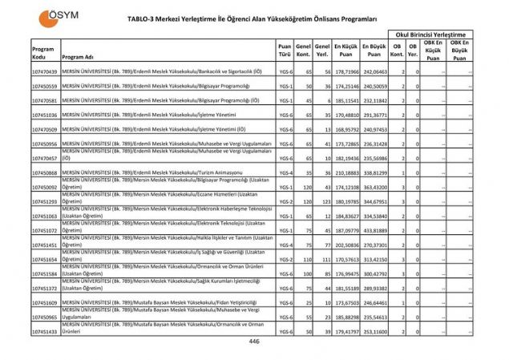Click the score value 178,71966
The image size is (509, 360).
pyautogui.click(x=346, y=71)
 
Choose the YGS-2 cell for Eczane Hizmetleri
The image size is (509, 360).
pyautogui.click(x=284, y=201)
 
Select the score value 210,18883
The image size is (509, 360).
pyautogui.click(x=346, y=172)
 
